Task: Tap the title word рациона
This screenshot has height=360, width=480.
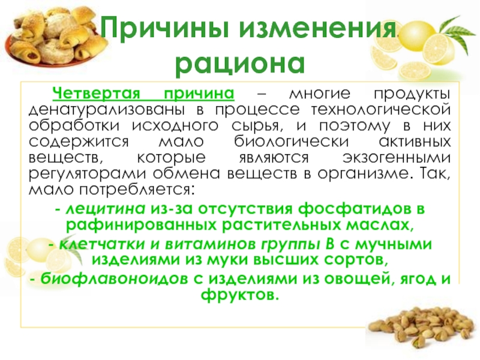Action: pyautogui.click(x=240, y=62)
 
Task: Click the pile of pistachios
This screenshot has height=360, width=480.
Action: pyautogui.click(x=426, y=336)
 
